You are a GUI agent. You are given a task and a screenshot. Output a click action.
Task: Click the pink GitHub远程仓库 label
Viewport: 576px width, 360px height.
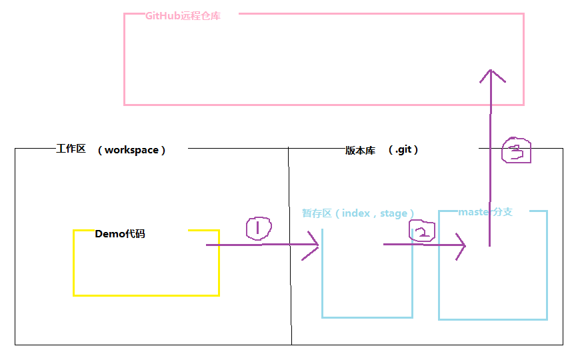click(183, 16)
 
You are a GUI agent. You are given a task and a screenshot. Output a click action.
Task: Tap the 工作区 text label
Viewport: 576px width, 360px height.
click(71, 149)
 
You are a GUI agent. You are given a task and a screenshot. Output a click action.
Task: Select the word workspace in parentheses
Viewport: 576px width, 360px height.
click(131, 150)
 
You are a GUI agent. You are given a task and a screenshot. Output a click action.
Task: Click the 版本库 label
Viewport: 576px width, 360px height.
click(360, 151)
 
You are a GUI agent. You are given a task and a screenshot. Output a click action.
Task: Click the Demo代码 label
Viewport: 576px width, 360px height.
click(120, 234)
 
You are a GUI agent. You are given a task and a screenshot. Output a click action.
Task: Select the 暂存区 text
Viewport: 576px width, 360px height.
click(317, 213)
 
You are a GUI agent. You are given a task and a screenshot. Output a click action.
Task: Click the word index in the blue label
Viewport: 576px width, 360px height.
click(356, 213)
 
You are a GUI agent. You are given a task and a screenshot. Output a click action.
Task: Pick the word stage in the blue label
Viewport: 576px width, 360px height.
click(393, 213)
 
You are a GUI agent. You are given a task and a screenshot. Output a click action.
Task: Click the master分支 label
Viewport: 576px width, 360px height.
click(485, 212)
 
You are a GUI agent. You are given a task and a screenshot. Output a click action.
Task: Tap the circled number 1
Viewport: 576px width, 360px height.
click(259, 228)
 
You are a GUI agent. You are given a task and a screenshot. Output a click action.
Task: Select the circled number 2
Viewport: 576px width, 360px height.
click(421, 232)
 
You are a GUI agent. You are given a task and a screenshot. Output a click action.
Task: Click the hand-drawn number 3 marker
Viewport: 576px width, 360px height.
click(516, 151)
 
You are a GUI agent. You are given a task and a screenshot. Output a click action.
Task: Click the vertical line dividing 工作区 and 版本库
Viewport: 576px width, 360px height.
click(290, 280)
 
